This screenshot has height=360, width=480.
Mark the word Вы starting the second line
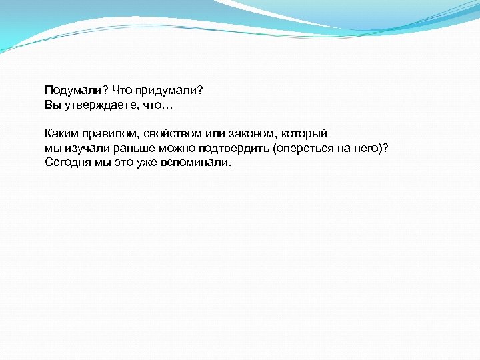(52, 105)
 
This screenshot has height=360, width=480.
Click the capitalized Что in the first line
(124, 91)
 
